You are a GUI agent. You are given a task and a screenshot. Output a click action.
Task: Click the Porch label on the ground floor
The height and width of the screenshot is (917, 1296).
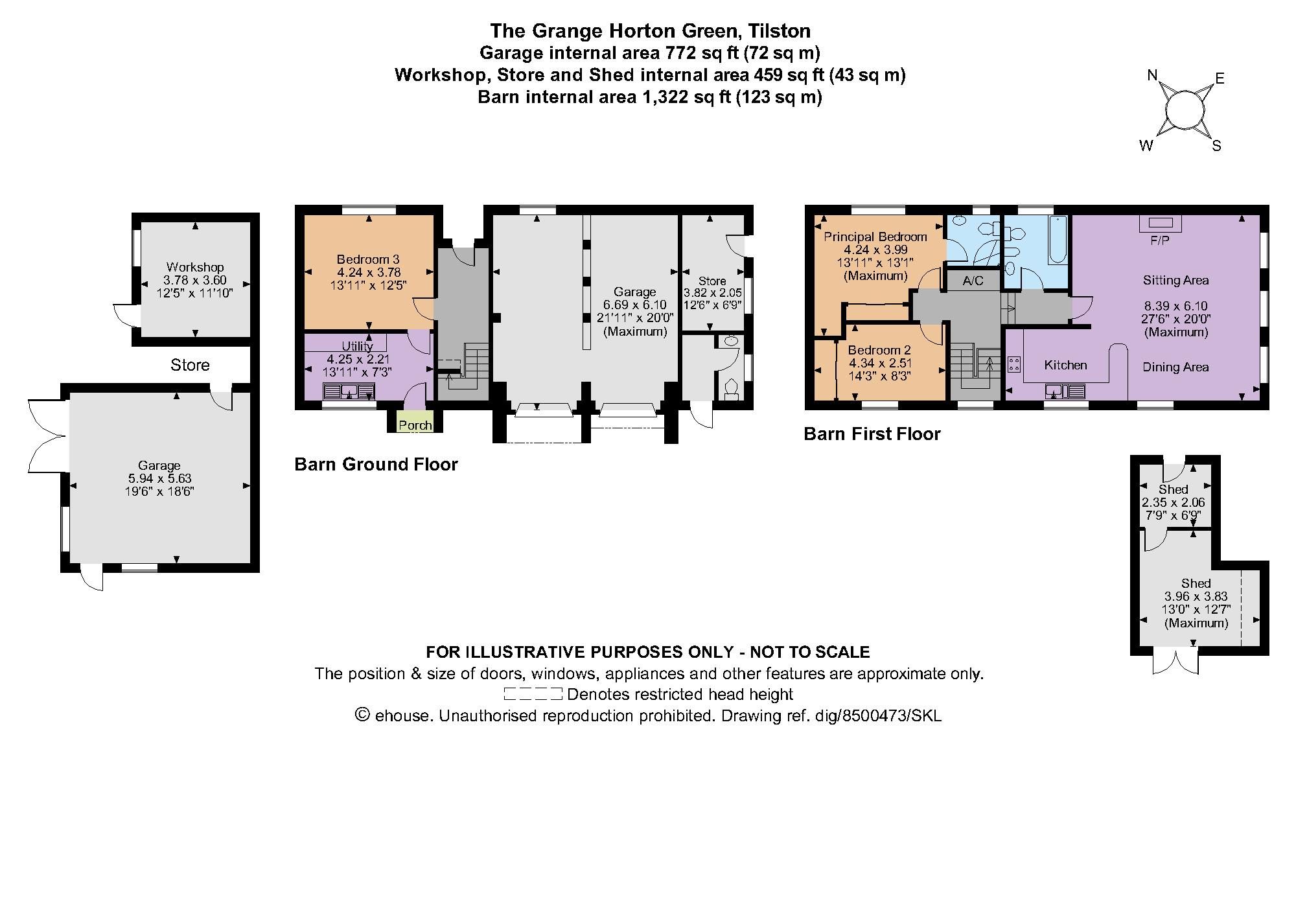tap(415, 425)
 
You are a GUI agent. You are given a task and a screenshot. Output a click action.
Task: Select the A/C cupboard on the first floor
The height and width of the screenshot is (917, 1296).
tap(973, 280)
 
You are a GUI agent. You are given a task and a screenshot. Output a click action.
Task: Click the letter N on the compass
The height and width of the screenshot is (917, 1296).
tap(1152, 75)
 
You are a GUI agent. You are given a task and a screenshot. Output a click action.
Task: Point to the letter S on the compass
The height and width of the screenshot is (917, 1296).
tap(1216, 146)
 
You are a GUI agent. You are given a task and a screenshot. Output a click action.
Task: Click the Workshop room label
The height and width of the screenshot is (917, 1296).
tap(195, 267)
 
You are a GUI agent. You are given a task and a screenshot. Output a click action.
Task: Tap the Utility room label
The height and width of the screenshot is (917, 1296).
tap(357, 346)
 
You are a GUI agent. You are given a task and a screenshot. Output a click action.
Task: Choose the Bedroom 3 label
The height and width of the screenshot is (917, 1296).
tap(368, 259)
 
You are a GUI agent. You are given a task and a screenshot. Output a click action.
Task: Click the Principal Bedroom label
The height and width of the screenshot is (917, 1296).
tap(875, 237)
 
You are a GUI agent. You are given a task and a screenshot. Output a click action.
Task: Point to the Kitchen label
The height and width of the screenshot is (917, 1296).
tap(1065, 365)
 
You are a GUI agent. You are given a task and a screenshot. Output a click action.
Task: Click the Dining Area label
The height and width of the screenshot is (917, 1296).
tap(1175, 367)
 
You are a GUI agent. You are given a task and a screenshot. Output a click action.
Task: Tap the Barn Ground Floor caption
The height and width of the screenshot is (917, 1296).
tap(376, 464)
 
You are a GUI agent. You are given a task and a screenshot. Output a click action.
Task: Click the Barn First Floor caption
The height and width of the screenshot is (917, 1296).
tap(872, 434)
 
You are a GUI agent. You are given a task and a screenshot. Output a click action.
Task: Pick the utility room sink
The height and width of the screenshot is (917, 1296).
tap(349, 391)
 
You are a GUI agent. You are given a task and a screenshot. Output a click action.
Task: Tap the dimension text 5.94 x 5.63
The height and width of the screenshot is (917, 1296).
tap(159, 478)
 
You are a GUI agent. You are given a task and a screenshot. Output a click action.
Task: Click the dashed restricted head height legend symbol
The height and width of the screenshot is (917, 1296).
tap(533, 694)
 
